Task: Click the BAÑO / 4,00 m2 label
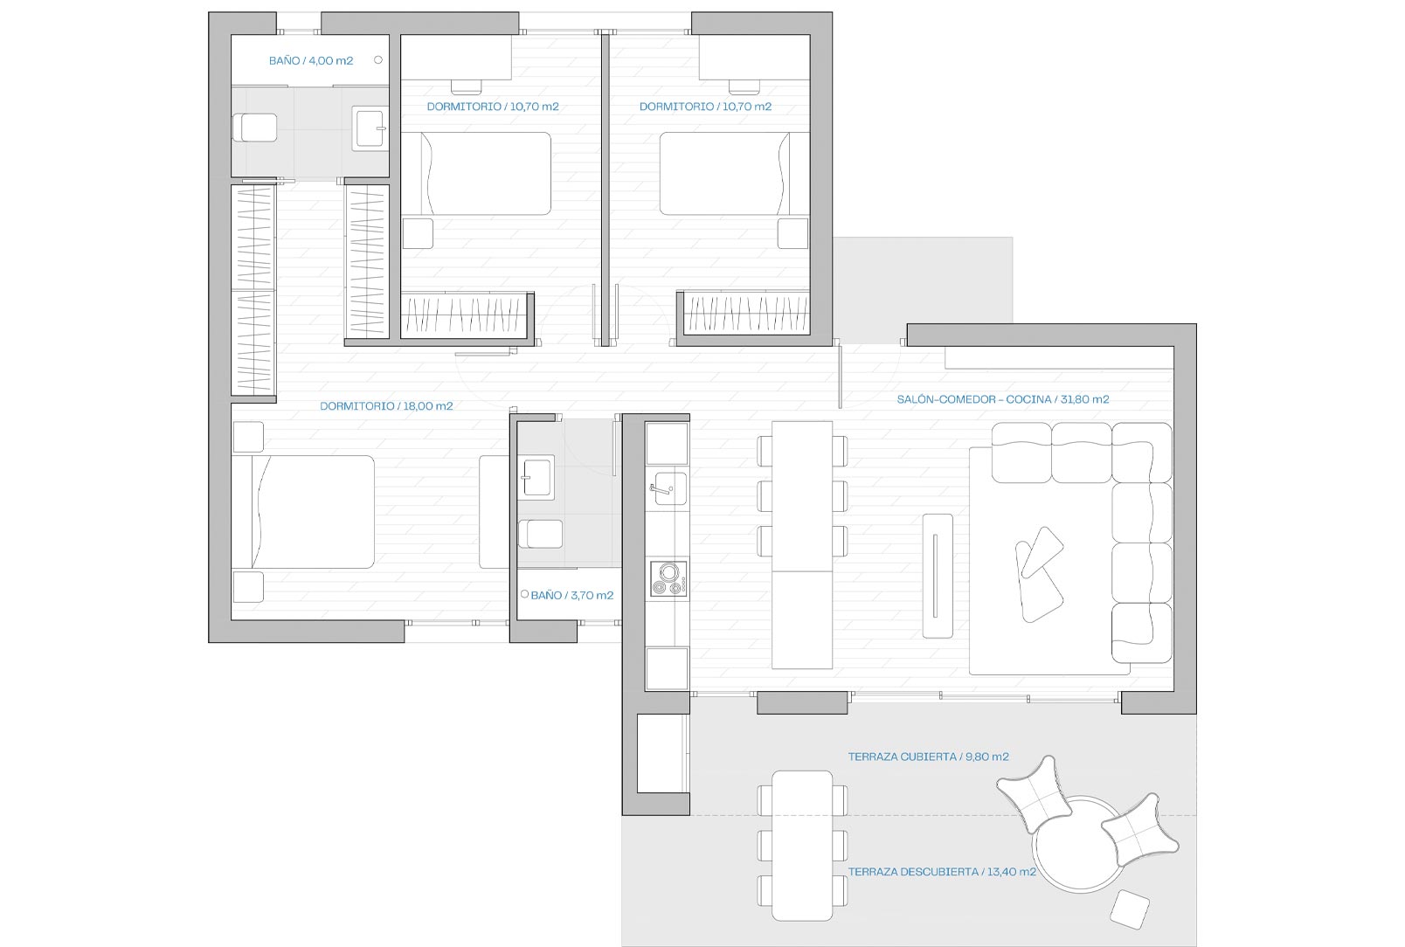tap(311, 61)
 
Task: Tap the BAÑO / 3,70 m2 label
tap(572, 595)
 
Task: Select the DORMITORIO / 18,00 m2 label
tap(386, 405)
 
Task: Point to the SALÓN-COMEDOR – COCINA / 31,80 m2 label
tap(1003, 399)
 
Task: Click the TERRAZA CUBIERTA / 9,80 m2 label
tap(929, 757)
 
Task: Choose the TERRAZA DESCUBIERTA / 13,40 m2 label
tap(942, 871)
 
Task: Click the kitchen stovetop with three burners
tap(668, 578)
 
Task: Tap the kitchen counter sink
tap(668, 488)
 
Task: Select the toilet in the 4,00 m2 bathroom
tap(254, 128)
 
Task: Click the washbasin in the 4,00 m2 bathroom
tap(370, 128)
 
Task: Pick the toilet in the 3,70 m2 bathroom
tap(540, 534)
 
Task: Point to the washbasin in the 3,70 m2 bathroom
tap(536, 477)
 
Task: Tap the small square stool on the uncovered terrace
tap(1130, 909)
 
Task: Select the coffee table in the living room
tap(938, 576)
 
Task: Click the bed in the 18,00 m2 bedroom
tap(303, 512)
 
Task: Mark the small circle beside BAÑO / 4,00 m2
tap(378, 60)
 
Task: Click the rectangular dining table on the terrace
tap(802, 846)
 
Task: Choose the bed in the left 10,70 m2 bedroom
tap(476, 174)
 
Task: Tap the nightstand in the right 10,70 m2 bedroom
tap(792, 234)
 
